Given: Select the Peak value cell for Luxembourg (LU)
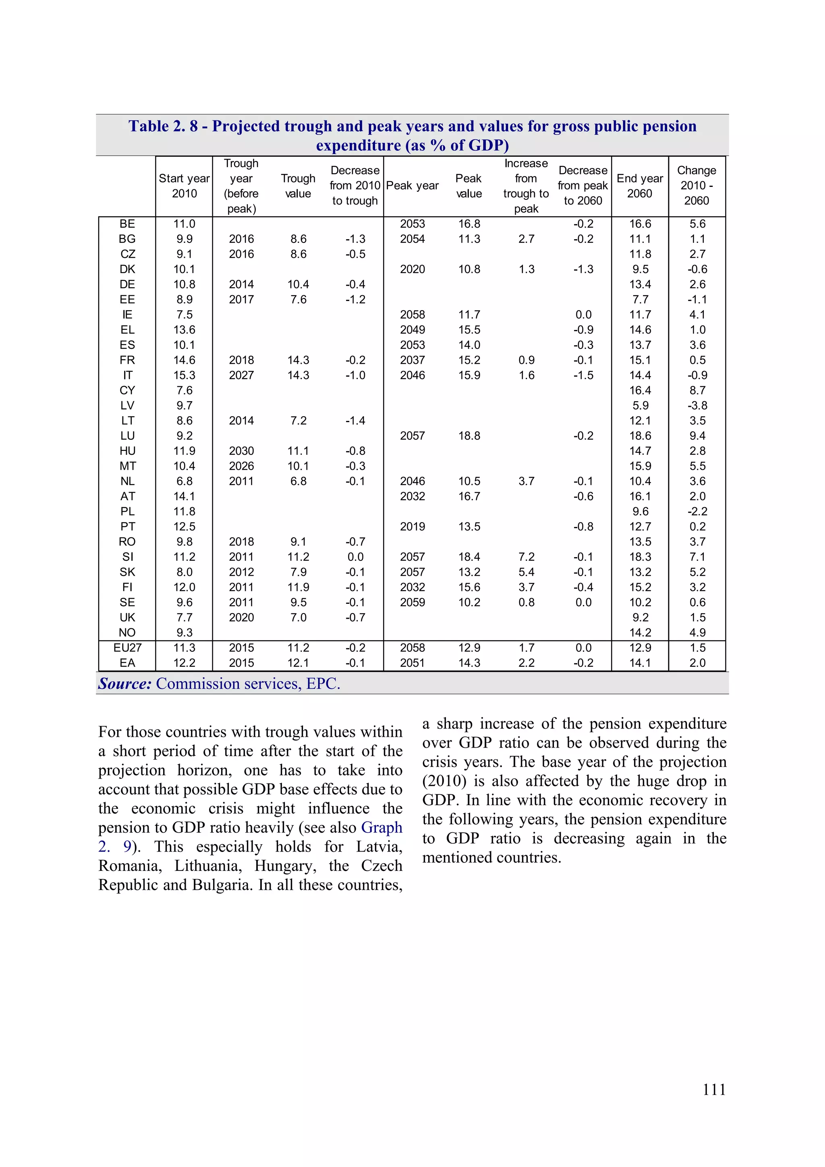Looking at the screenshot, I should click(x=468, y=435).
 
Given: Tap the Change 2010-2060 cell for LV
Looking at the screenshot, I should click(x=697, y=406).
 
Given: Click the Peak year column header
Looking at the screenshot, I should click(x=412, y=186).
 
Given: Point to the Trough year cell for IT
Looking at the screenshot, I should click(x=241, y=375).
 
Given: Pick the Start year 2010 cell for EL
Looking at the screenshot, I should click(x=184, y=330).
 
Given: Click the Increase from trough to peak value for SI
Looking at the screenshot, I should click(x=526, y=557).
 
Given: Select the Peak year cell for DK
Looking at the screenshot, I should click(x=412, y=269).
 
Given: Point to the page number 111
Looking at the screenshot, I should click(x=714, y=1089).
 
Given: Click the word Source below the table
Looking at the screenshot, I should click(x=125, y=684).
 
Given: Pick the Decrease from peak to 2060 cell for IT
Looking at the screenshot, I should click(x=583, y=375).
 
